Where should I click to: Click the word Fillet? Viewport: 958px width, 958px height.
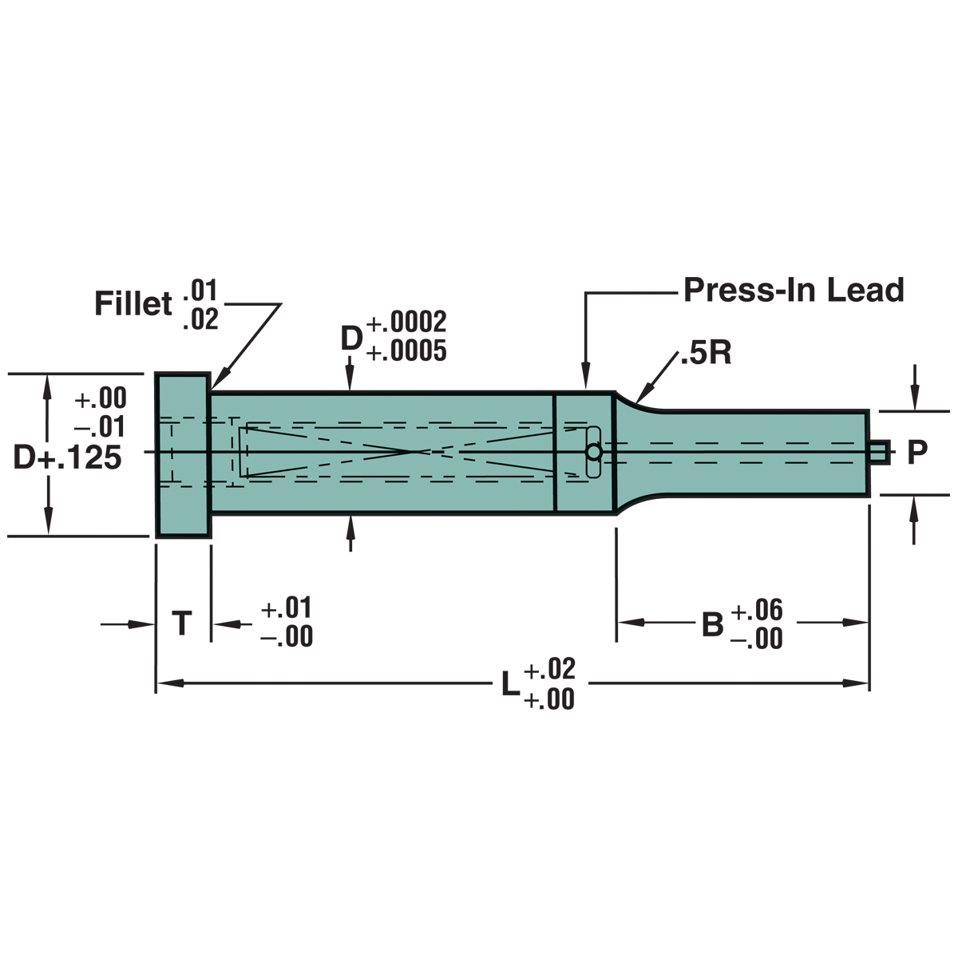pos(133,303)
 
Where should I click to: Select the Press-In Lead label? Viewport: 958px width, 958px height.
pos(794,290)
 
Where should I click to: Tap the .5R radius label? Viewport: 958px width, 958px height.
pos(706,353)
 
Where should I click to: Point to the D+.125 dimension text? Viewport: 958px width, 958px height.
pos(67,457)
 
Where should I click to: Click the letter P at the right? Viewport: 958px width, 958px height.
pos(917,452)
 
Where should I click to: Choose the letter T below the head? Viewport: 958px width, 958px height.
pos(182,623)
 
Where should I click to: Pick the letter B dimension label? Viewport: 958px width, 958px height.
pos(712,624)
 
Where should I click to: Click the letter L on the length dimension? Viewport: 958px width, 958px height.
pos(511,684)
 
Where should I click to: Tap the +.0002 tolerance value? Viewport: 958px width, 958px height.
pos(406,323)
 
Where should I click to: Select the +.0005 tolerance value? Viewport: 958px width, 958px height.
pos(406,351)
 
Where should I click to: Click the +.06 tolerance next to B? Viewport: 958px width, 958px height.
pos(757,609)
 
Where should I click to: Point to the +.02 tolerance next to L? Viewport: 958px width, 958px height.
pos(549,668)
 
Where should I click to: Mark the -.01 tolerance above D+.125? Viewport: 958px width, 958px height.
pos(100,426)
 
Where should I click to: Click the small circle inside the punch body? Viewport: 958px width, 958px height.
pos(593,453)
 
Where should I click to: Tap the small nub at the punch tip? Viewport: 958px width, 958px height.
pos(879,452)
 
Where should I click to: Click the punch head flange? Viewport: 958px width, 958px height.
pos(183,455)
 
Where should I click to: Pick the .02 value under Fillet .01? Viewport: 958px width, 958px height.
pos(200,319)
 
